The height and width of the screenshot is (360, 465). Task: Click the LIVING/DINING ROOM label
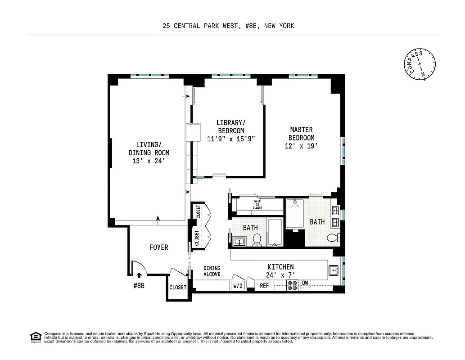(149, 148)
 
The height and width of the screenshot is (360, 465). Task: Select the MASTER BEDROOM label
(302, 134)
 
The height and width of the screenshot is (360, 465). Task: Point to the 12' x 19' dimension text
(302, 146)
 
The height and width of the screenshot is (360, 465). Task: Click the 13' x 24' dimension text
(149, 161)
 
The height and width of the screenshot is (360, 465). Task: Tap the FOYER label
(159, 247)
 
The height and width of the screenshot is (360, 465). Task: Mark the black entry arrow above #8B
(139, 274)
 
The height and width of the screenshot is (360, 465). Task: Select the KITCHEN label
(280, 267)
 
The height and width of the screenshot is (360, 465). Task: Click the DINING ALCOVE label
(211, 271)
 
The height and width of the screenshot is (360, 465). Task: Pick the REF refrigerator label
(264, 286)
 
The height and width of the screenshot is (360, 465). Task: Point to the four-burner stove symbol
(292, 285)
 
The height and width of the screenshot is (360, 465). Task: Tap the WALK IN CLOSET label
(257, 204)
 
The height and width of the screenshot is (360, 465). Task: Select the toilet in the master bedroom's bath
(332, 238)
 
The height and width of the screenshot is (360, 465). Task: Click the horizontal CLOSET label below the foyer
(178, 288)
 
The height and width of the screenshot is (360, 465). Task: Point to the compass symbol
(419, 64)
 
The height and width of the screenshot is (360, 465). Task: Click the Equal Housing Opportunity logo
(35, 337)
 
